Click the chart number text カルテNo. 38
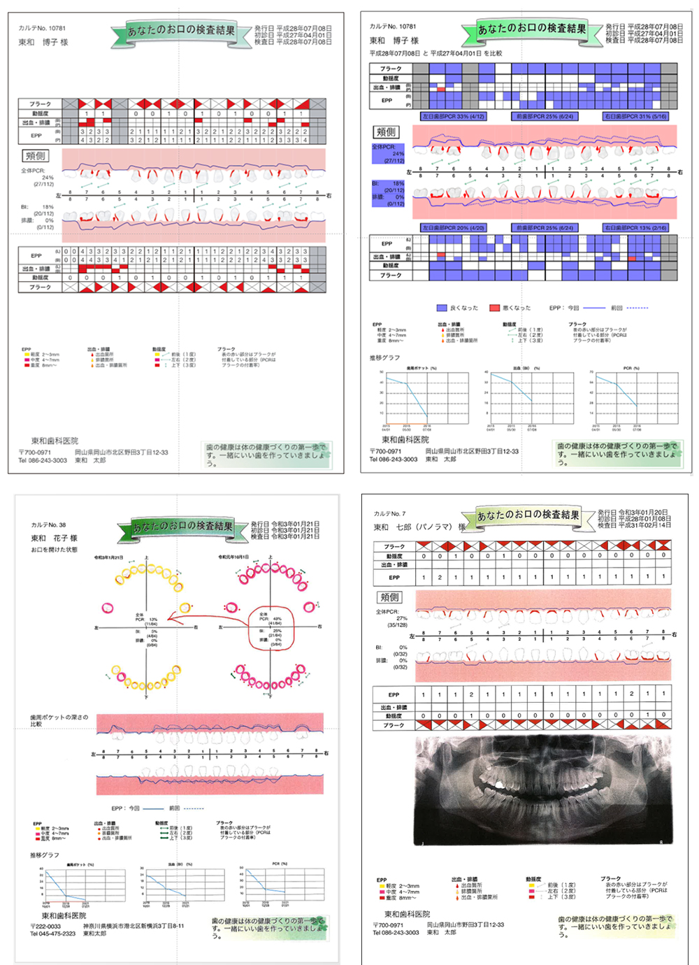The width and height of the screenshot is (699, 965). click(x=48, y=524)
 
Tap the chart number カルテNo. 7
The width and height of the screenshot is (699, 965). click(x=389, y=514)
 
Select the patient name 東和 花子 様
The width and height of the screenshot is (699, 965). click(x=54, y=538)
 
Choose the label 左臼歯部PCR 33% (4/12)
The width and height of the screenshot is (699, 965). click(x=453, y=116)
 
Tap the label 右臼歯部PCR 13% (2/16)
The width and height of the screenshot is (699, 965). click(x=635, y=227)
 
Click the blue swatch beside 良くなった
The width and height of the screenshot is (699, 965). click(x=442, y=308)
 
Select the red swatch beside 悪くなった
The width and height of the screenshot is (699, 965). click(x=495, y=308)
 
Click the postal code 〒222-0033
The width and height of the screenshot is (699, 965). click(x=46, y=926)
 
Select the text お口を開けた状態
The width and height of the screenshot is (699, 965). click(x=54, y=550)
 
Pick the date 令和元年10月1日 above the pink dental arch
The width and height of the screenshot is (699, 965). click(x=233, y=557)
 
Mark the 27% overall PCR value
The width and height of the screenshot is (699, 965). click(x=402, y=618)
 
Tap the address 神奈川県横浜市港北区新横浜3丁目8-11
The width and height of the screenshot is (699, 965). click(x=134, y=926)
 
